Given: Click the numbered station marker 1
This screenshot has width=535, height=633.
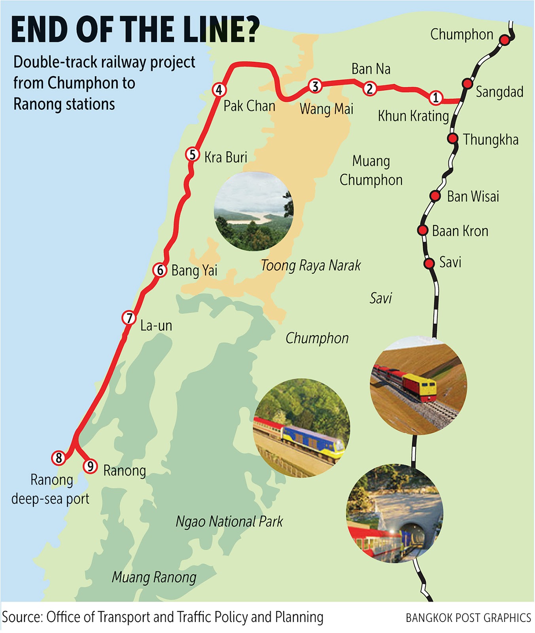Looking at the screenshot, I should pyautogui.click(x=436, y=97).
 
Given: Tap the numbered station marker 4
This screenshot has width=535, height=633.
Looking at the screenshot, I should pyautogui.click(x=219, y=90).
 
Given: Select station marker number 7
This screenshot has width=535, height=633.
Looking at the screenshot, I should pyautogui.click(x=129, y=318).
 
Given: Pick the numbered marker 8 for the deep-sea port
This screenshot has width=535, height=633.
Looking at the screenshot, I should pyautogui.click(x=59, y=458).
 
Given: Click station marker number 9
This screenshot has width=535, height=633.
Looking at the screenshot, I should pyautogui.click(x=90, y=466).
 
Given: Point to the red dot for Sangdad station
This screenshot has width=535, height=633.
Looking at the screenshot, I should pyautogui.click(x=467, y=83).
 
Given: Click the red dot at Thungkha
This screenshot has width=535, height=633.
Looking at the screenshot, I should pyautogui.click(x=453, y=138).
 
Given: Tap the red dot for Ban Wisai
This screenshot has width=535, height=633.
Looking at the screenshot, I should pyautogui.click(x=435, y=195).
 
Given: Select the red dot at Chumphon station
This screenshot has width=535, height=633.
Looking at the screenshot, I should pyautogui.click(x=504, y=40).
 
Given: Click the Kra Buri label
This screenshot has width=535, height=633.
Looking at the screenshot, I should pyautogui.click(x=226, y=157).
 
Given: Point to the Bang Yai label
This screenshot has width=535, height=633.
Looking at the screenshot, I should pyautogui.click(x=194, y=271).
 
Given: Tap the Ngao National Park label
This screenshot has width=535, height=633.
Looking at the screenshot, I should pyautogui.click(x=229, y=522).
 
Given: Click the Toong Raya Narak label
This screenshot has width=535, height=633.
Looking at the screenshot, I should pyautogui.click(x=311, y=265).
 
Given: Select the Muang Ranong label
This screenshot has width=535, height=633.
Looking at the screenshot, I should pyautogui.click(x=154, y=578).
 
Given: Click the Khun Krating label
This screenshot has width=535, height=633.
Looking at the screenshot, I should pyautogui.click(x=413, y=116).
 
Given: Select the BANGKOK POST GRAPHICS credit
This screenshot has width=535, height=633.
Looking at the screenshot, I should pyautogui.click(x=468, y=618).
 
